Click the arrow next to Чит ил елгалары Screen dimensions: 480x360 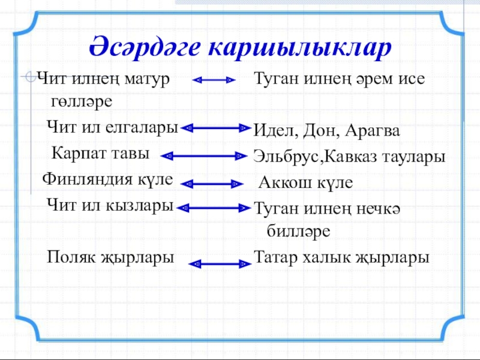pyautogui.click(x=215, y=128)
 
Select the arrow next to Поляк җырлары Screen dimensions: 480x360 pyautogui.click(x=219, y=263)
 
